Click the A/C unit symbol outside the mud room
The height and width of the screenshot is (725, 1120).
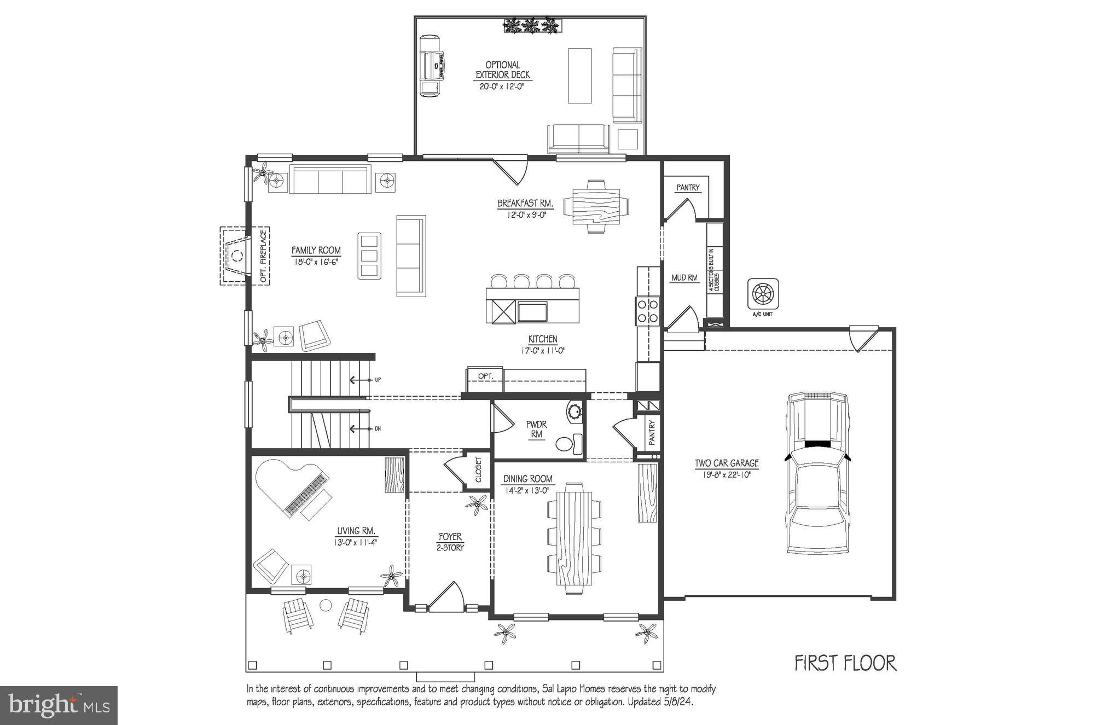pyautogui.click(x=763, y=294)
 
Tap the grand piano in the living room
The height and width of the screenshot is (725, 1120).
pyautogui.click(x=290, y=487)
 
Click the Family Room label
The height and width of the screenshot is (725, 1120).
pyautogui.click(x=316, y=251)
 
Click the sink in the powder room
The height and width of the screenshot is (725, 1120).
pyautogui.click(x=575, y=411)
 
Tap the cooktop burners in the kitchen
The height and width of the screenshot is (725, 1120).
pyautogui.click(x=648, y=310)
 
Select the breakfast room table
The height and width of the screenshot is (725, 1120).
pyautogui.click(x=596, y=207)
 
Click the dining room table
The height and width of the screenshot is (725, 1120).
pyautogui.click(x=574, y=540)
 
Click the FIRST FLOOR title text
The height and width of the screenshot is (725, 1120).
pyautogui.click(x=845, y=663)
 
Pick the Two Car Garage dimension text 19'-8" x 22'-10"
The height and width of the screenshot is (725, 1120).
pyautogui.click(x=727, y=475)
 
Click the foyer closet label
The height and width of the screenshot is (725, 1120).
pyautogui.click(x=478, y=469)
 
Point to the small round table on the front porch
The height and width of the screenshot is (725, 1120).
pyautogui.click(x=326, y=605)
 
